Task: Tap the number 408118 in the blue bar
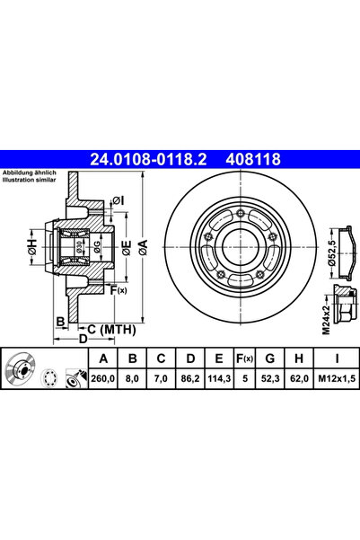pos(255,159)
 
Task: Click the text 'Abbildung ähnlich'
pos(28,173)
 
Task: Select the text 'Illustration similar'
pos(30,181)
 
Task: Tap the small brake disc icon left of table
pos(21,370)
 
